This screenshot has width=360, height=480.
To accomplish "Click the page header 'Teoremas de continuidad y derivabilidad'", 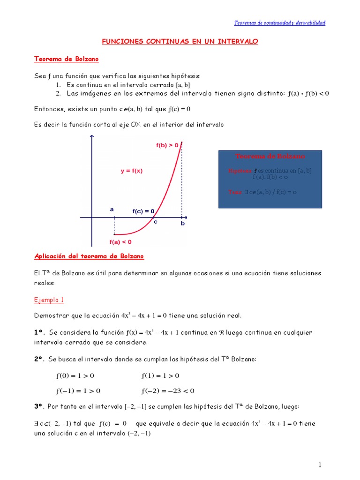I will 279,22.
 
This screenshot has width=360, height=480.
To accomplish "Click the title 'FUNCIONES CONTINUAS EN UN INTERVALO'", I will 180,42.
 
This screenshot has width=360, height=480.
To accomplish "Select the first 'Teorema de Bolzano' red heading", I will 66,59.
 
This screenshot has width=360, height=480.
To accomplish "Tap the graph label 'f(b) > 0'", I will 167,145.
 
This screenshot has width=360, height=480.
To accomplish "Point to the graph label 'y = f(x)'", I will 131,171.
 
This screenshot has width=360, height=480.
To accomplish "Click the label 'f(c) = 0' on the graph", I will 143,211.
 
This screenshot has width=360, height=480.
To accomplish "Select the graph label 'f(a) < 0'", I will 120,242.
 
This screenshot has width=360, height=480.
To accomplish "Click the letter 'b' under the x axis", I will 183,224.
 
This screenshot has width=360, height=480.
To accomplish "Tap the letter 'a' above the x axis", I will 112,210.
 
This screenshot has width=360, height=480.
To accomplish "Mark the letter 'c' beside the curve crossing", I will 155,222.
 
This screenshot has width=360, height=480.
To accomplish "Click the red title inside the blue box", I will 270,156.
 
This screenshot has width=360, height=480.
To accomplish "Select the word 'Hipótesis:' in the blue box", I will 240,171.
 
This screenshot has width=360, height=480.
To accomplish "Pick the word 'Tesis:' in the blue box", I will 235,192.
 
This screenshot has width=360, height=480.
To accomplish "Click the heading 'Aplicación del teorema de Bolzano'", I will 89,256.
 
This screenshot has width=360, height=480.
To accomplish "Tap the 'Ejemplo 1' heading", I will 49,300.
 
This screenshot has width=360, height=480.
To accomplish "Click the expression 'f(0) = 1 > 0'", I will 75,375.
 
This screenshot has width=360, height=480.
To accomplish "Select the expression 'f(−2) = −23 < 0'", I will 167,390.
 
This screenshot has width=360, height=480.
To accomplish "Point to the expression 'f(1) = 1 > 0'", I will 160,375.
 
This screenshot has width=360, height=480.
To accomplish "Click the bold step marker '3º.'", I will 40,406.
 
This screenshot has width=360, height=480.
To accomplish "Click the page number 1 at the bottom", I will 320,465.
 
